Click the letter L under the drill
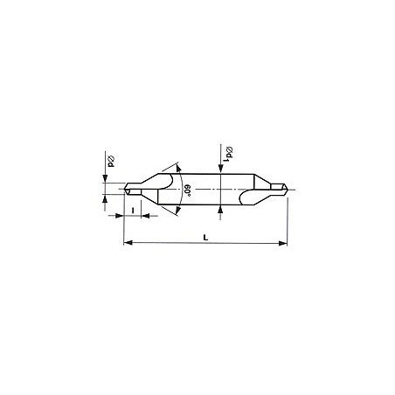tap(205, 238)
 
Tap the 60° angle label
tap(187, 191)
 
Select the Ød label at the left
tap(111, 162)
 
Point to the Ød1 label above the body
tap(229, 154)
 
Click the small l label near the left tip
tap(133, 210)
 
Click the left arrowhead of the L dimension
tap(128, 242)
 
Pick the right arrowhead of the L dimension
tap(283, 243)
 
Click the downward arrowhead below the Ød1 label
tap(221, 169)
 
